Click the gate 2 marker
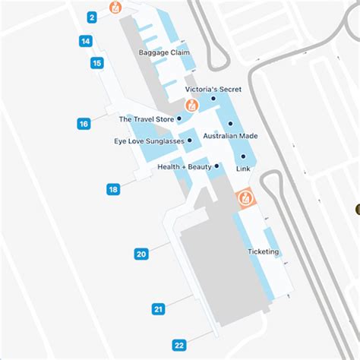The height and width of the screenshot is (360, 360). [92, 17]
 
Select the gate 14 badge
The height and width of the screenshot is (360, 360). [86, 41]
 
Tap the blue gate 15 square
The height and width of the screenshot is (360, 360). [96, 63]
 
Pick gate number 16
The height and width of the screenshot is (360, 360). [84, 123]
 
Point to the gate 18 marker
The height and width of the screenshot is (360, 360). [113, 189]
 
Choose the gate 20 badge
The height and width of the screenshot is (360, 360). [141, 254]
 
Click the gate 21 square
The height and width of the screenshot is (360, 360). [158, 308]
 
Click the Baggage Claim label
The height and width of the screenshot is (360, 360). [164, 52]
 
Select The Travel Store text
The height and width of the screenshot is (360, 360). [145, 119]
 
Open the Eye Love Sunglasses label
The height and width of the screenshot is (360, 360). [150, 141]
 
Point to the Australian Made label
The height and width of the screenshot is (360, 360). [229, 136]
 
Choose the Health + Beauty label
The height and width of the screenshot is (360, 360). [185, 166]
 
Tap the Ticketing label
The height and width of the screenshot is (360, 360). [264, 251]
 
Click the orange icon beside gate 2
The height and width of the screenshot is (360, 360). [115, 8]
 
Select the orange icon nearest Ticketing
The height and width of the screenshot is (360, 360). [245, 200]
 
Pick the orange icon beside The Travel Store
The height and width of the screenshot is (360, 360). [192, 106]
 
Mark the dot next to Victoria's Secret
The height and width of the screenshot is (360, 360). [213, 98]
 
